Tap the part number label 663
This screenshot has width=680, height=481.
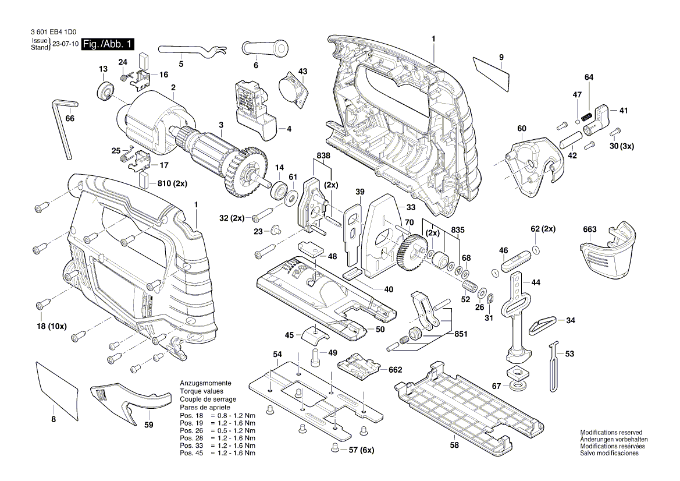click(589, 229)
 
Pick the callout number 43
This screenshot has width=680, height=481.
click(302, 71)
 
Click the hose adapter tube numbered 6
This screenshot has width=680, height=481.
click(265, 48)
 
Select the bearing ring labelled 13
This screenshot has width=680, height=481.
click(105, 91)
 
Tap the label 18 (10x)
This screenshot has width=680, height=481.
click(51, 327)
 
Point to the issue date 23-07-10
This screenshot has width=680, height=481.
click(65, 44)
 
